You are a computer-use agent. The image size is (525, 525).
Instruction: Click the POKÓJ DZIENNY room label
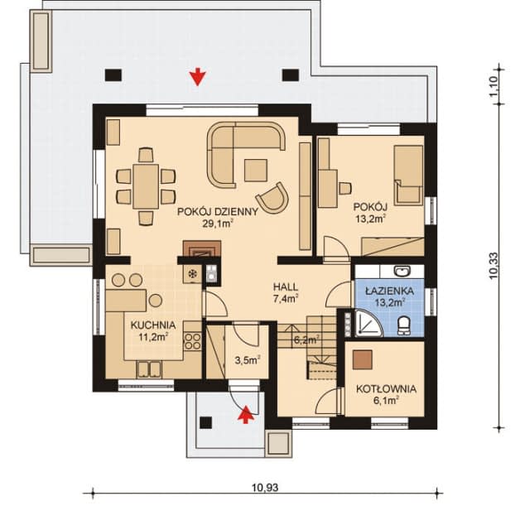coord(218,212)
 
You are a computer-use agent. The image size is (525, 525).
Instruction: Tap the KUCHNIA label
coord(153,325)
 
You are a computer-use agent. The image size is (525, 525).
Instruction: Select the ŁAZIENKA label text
coord(389,291)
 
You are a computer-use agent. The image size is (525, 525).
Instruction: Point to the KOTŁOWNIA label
coord(387,389)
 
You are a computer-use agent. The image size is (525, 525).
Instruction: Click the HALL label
coord(286,287)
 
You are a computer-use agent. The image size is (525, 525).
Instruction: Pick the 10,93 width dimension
coord(265,488)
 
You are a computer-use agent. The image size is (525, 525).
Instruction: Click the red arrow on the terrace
coord(197,77)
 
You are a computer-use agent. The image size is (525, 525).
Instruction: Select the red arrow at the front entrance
coord(247,415)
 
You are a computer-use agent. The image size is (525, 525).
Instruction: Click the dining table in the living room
coord(145,186)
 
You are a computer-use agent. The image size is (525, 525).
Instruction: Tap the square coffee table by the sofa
coord(256,171)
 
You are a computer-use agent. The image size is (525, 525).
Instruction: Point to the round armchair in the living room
coord(273,198)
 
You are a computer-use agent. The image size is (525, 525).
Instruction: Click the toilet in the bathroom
coord(404,325)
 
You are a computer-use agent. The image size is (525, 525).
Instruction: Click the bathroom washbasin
coord(402,271)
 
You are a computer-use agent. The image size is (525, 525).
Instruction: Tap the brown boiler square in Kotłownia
coord(362,360)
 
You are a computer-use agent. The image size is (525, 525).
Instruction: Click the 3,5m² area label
coord(248,360)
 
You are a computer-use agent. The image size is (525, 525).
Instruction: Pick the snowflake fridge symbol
coord(192,274)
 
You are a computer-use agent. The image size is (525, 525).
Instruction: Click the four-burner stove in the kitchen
coord(193,341)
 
